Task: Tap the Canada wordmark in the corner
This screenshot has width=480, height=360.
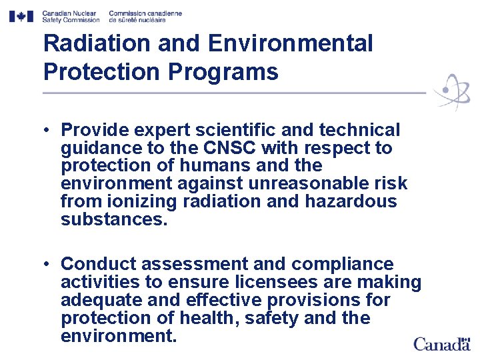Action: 441,344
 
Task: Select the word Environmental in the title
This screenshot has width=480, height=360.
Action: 291,44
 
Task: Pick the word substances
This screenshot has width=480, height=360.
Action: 114,220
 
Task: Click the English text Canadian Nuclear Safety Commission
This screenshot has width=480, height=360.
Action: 69,16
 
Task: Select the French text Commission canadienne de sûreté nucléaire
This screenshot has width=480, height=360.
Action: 145,16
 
